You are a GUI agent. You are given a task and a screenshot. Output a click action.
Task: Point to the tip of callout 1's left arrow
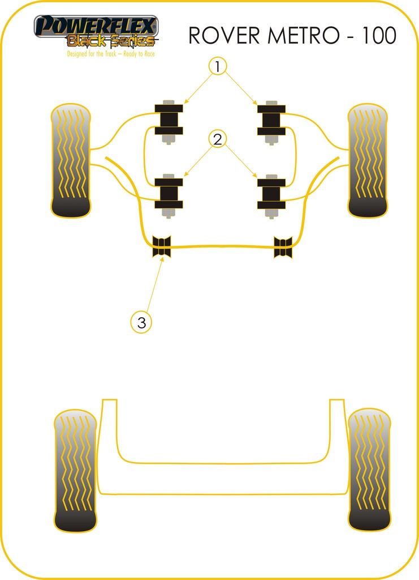(184, 103)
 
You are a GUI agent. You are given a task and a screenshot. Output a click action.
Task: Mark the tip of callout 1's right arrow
(257, 104)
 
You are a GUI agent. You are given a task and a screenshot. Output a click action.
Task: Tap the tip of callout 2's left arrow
(184, 176)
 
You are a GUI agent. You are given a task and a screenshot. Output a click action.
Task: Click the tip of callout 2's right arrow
(257, 177)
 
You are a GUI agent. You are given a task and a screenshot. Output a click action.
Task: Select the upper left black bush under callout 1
(169, 120)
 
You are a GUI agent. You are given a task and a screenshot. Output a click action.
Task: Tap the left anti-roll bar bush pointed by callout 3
(162, 246)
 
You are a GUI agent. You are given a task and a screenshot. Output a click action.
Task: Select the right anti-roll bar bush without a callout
(283, 247)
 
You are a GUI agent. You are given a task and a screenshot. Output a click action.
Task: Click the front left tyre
(71, 160)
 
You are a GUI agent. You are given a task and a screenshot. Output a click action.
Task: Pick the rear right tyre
(369, 470)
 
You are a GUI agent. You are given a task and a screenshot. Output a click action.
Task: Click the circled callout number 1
(218, 67)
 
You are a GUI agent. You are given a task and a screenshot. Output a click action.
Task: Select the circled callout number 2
(218, 139)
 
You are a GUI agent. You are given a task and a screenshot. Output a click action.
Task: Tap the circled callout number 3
(141, 322)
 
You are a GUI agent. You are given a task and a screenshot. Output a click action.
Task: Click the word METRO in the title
(303, 36)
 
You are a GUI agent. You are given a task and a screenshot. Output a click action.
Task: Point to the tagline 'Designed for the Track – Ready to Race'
(111, 54)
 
